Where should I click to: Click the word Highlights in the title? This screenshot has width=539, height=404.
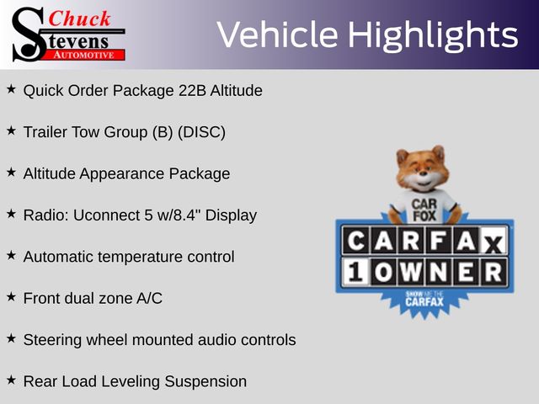pos(433,35)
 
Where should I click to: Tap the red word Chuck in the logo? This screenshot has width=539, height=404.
pos(79,19)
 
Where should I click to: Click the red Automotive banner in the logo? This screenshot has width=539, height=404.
pos(85,56)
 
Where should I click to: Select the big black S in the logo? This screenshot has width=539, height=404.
pos(29,35)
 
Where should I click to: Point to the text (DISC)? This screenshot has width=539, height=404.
pos(201,132)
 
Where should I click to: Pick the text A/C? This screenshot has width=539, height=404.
pos(149,298)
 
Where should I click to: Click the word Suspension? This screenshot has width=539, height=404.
pos(205,381)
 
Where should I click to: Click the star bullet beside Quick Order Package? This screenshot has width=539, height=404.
pos(11,89)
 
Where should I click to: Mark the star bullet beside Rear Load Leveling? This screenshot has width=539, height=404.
pos(11,380)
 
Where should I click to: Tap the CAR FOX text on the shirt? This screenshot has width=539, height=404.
pos(424,210)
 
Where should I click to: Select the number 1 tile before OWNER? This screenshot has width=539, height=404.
pos(355,272)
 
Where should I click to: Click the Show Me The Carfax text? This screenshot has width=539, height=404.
pos(424,299)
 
